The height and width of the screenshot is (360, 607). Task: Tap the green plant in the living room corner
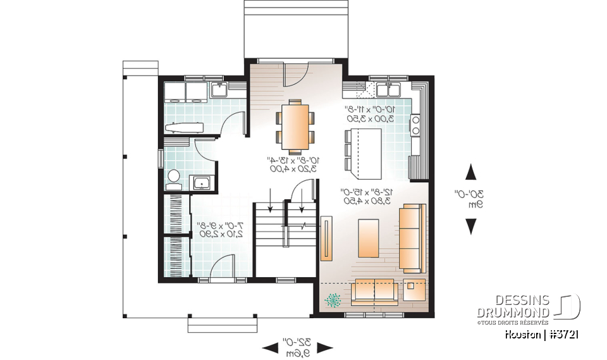331,299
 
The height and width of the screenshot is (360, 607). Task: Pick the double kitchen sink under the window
385,90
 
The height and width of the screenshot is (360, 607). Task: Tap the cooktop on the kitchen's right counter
416,125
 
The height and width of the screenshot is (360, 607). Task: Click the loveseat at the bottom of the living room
375,290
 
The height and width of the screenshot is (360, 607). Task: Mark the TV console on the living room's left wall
326,239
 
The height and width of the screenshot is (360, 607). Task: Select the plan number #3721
564,334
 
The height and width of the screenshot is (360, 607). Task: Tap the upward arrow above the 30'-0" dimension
471,172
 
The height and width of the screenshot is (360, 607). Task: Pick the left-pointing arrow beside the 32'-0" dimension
269,347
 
